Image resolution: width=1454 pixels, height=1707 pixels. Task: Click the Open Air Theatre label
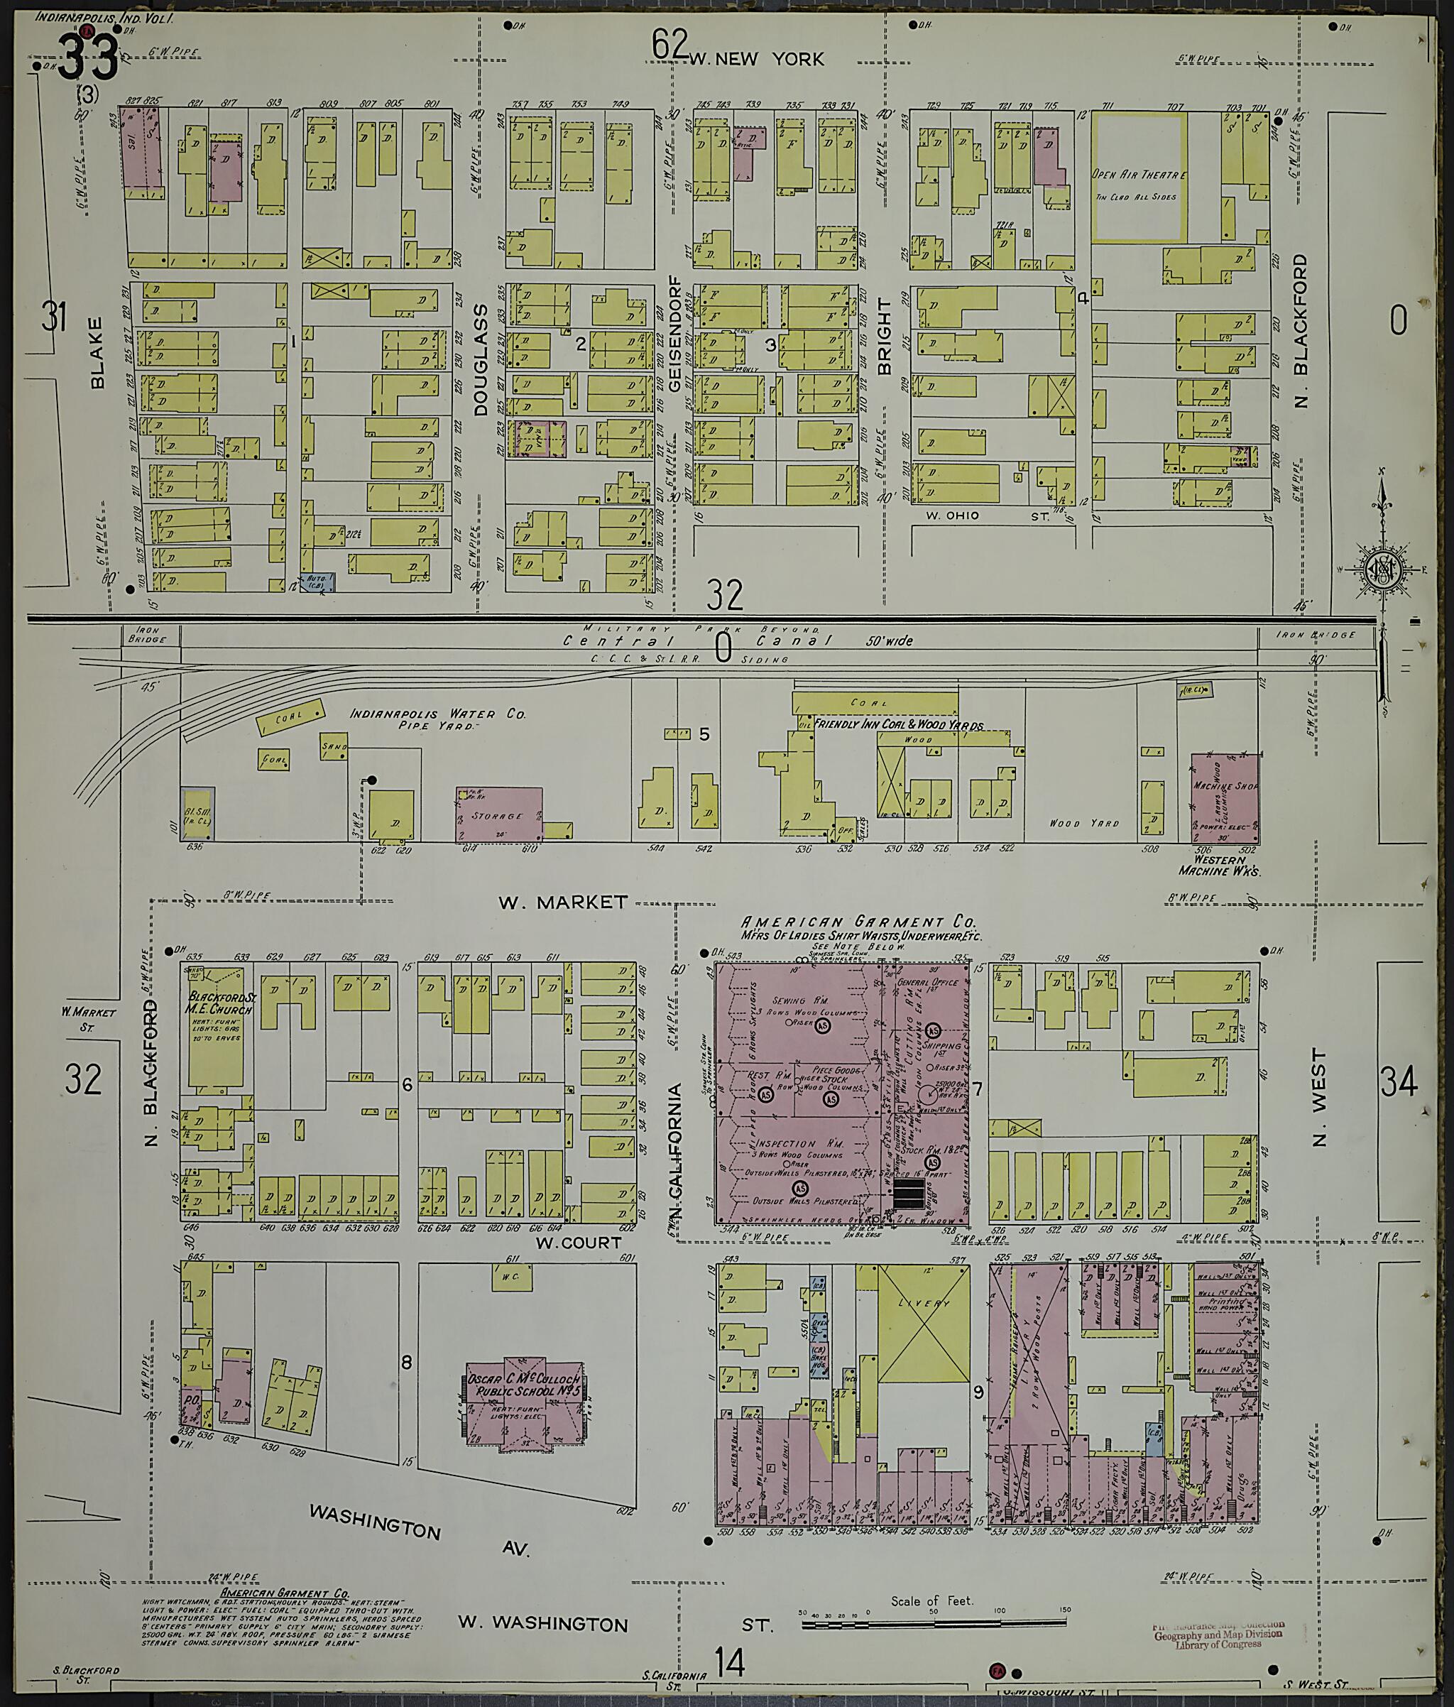1139,175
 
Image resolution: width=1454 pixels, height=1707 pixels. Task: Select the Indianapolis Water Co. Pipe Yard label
437,720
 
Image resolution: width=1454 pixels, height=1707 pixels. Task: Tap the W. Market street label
563,902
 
